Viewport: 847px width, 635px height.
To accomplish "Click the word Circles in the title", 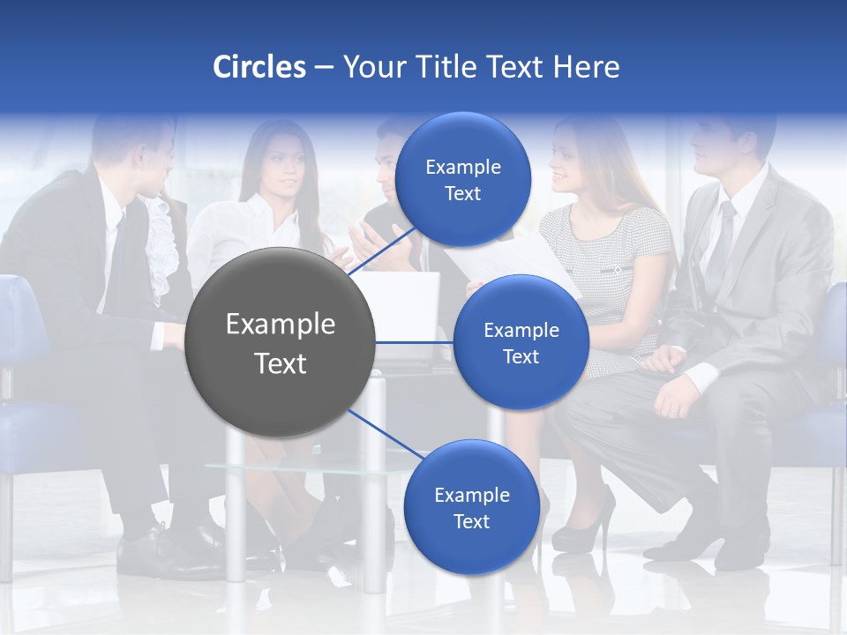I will click(x=259, y=67).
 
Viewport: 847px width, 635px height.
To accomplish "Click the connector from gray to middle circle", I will click(x=415, y=342).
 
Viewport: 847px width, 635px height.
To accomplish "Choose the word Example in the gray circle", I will click(x=281, y=325).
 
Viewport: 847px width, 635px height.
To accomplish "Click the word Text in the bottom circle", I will click(x=471, y=522).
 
